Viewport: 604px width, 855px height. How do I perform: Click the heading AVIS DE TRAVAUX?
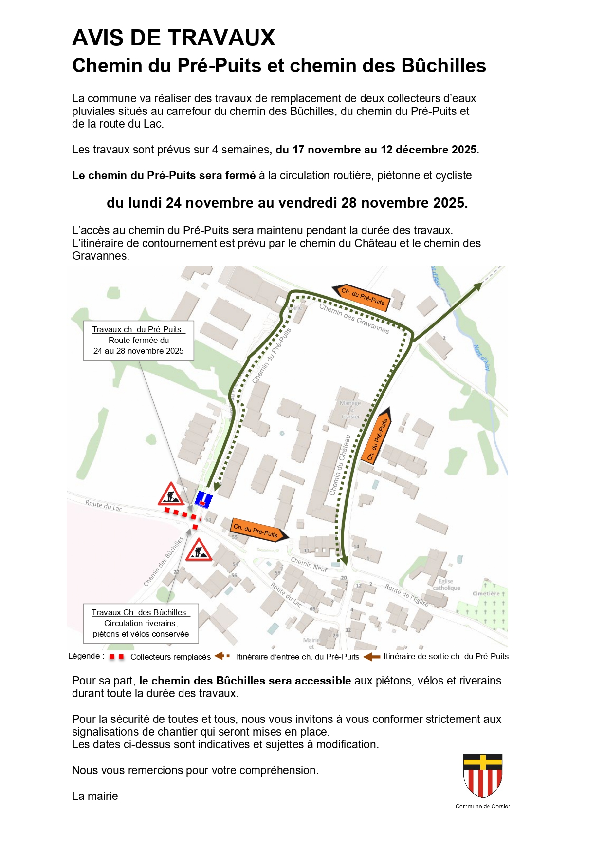pos(174,38)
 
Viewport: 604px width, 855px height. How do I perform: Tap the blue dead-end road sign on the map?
pos(203,499)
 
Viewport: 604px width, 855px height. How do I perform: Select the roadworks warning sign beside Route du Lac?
pos(171,494)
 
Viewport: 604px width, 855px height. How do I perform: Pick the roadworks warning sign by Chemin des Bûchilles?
pos(199,551)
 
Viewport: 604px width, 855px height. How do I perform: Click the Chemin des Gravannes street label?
pos(354,318)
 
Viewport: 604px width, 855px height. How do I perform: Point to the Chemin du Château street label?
pos(340,465)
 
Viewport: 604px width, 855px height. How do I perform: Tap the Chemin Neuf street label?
pos(309,564)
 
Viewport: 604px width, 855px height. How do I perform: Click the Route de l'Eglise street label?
pos(407,595)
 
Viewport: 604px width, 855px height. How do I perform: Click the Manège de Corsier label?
pos(350,410)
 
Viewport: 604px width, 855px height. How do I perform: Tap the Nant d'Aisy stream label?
pos(481,358)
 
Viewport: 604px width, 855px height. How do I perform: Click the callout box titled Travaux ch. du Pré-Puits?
pos(139,341)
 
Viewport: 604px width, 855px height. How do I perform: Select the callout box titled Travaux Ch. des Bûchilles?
pos(141,623)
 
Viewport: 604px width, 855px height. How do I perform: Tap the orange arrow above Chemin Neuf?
pos(258,530)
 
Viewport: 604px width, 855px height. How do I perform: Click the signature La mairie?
pos(95,796)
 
